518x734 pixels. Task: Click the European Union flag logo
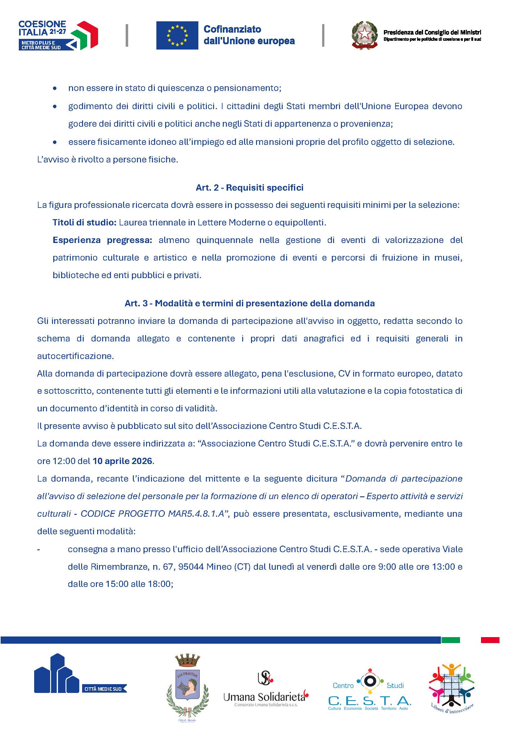click(177, 35)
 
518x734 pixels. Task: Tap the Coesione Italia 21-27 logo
click(58, 35)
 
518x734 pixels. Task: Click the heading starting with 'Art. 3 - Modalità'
click(249, 303)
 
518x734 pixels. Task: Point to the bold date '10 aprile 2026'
click(123, 461)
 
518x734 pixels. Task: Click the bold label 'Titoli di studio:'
click(84, 222)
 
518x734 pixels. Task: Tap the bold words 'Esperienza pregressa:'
click(102, 240)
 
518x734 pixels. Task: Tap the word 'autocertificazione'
click(75, 356)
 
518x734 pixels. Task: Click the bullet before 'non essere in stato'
click(55, 88)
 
